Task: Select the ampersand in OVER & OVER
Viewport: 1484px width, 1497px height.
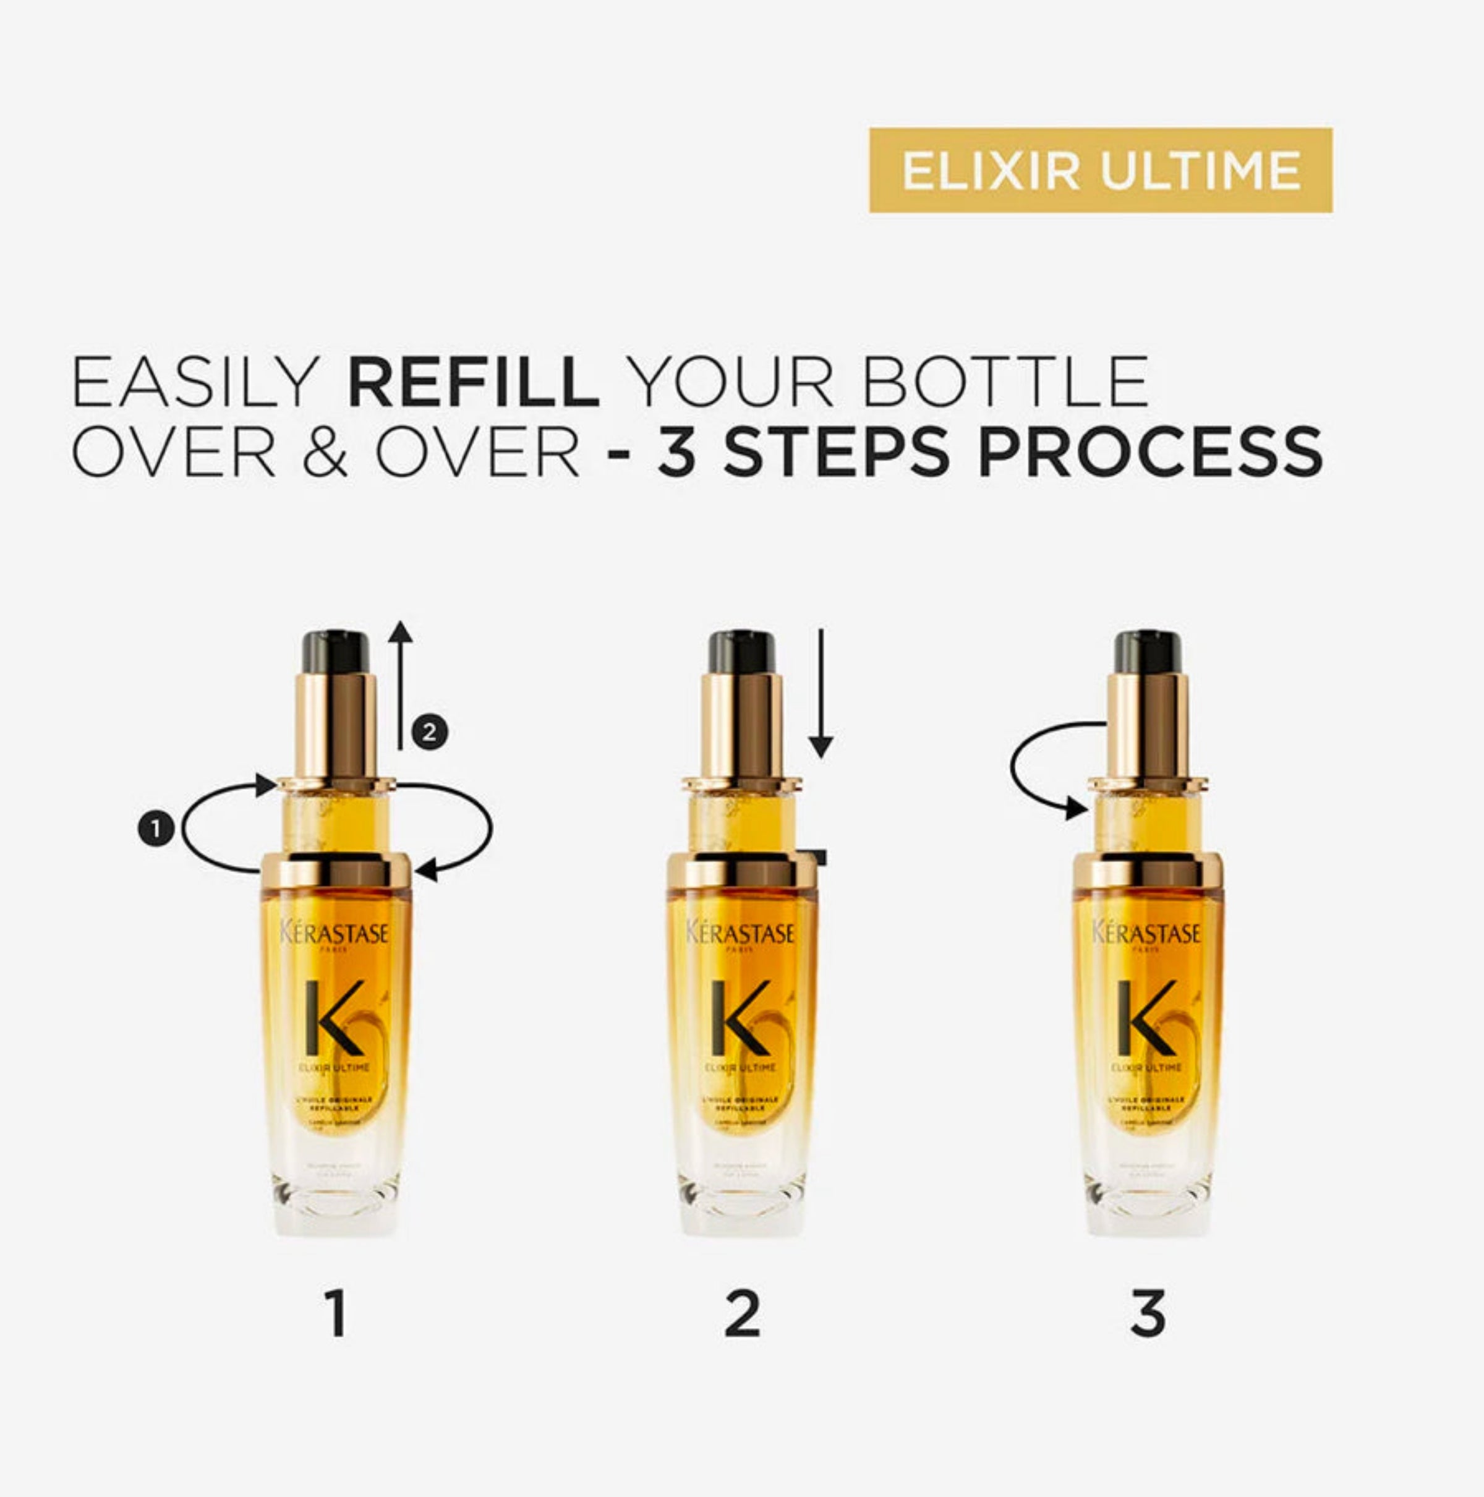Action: [x=325, y=453]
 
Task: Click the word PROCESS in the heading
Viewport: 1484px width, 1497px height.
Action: [x=1150, y=453]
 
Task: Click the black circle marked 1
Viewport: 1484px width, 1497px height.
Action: [x=156, y=829]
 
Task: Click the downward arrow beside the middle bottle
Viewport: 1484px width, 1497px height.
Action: [x=821, y=694]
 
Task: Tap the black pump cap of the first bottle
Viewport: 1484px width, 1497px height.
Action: [x=336, y=652]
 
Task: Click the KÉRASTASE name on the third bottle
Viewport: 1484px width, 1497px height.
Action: [x=1146, y=932]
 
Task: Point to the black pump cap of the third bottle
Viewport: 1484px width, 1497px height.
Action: [x=1148, y=652]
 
